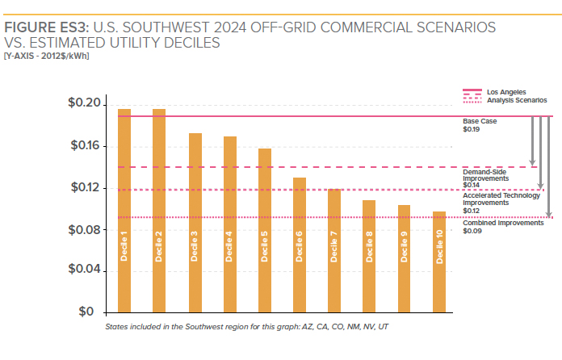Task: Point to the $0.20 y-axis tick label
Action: click(x=84, y=104)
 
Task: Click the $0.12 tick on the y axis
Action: click(x=84, y=188)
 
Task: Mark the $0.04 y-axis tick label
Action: click(x=84, y=270)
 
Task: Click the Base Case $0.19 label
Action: click(x=480, y=125)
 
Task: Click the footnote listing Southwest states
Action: click(x=247, y=327)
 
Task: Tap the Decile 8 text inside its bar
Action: click(x=369, y=247)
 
